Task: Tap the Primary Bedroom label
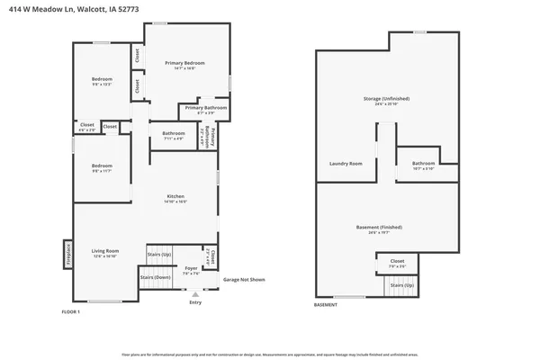[x=184, y=64]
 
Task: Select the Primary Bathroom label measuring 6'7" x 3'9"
[x=206, y=109]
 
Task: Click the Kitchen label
[x=175, y=198]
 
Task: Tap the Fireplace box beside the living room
[x=67, y=254]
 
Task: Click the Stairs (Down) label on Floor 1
[x=155, y=277]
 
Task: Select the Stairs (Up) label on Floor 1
[x=160, y=256]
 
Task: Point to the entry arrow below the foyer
[x=195, y=294]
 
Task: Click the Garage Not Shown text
[x=244, y=280]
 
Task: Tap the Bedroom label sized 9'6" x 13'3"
[x=102, y=81]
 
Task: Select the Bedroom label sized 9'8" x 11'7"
[x=102, y=167]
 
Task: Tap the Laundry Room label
[x=346, y=163]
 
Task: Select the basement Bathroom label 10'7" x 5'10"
[x=423, y=165]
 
